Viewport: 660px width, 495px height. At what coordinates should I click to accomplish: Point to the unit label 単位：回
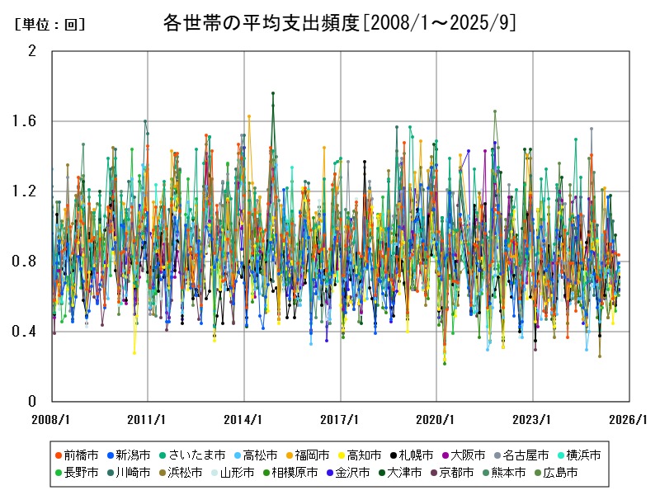pyautogui.click(x=49, y=25)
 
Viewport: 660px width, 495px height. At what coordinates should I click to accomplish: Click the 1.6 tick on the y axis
pyautogui.click(x=26, y=121)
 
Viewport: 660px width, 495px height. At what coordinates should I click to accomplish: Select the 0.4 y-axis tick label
pyautogui.click(x=26, y=332)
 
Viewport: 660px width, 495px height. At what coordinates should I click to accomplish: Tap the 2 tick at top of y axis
pyautogui.click(x=32, y=51)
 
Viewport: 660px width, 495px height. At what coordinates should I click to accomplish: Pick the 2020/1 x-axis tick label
pyautogui.click(x=437, y=419)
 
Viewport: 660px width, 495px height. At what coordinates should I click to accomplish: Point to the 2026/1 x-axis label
pyautogui.click(x=629, y=419)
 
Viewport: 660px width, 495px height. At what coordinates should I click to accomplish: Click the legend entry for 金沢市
pyautogui.click(x=360, y=473)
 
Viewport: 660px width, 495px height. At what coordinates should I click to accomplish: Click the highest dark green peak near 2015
pyautogui.click(x=273, y=93)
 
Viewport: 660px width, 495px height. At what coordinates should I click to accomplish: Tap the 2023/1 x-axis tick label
pyautogui.click(x=533, y=419)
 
